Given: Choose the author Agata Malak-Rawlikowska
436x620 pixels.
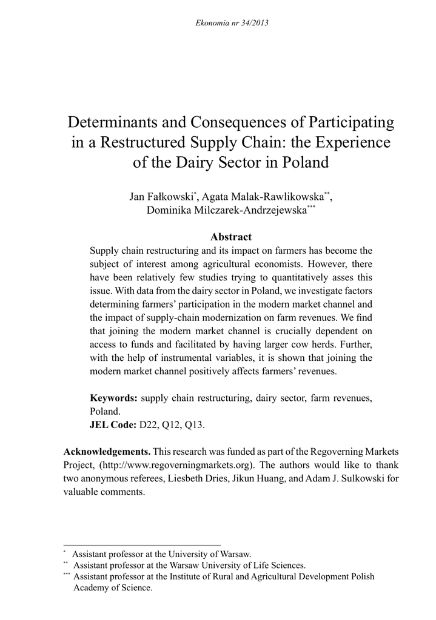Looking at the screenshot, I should coord(262,197).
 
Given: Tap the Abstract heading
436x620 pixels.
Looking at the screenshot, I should coord(230,237).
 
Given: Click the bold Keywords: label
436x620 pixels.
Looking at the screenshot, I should coord(113,398).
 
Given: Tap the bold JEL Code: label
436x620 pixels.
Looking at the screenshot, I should coord(113,424).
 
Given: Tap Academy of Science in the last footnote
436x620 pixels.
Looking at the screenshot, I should coord(113,587).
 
